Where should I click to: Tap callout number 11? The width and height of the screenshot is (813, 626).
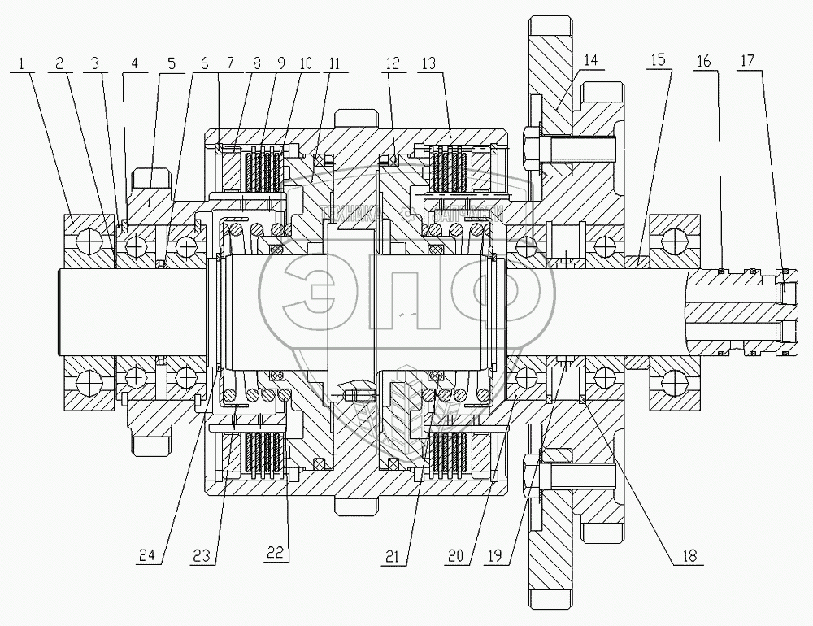[334, 62]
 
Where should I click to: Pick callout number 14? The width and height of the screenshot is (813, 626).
[589, 62]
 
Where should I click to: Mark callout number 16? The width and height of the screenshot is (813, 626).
[704, 62]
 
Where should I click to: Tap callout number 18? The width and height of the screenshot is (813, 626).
[690, 557]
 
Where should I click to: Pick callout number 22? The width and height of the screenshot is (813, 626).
[277, 557]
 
